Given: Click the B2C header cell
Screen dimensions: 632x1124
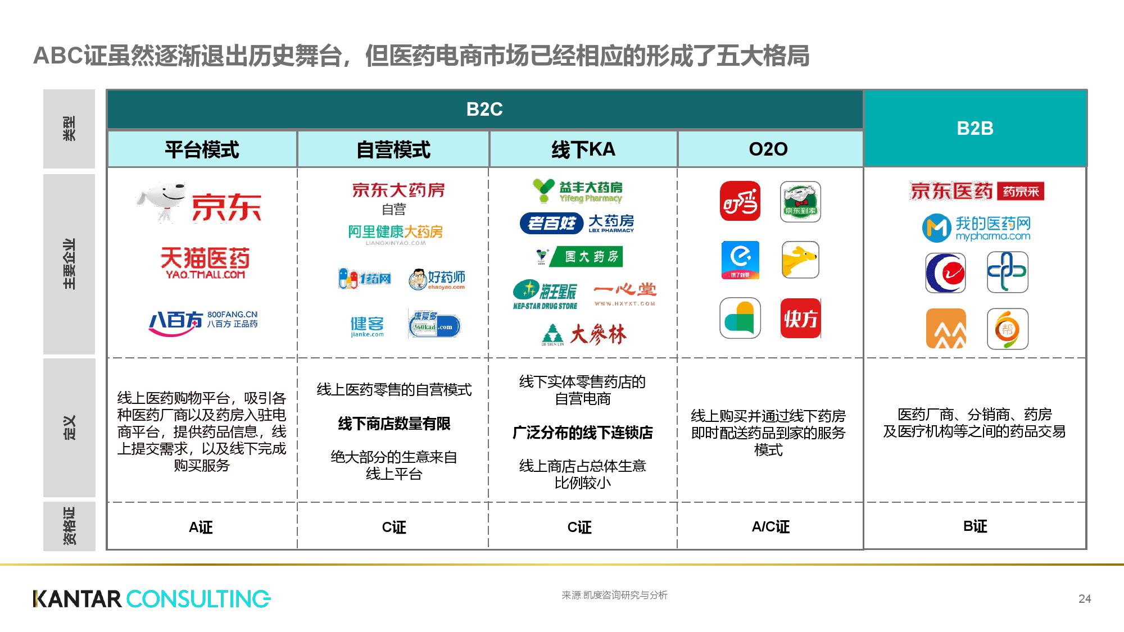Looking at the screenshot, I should point(484,109).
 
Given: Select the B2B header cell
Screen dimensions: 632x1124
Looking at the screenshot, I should point(975,128).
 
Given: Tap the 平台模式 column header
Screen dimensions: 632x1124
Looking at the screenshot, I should point(202,149).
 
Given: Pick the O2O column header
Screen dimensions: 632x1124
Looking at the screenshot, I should point(768,149).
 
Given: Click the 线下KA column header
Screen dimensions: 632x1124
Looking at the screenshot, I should point(583,149).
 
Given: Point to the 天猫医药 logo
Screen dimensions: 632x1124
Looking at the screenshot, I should point(205,262).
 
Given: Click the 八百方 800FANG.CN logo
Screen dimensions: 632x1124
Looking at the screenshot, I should point(203,323).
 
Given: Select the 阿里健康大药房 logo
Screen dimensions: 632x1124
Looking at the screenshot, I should point(395,233).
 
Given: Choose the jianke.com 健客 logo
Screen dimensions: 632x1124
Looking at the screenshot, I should point(367,326).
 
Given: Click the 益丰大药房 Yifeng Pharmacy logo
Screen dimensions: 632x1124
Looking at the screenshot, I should point(578,191).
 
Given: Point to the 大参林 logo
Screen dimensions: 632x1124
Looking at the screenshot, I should point(584,335).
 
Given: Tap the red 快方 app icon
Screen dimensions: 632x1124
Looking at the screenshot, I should point(800,319).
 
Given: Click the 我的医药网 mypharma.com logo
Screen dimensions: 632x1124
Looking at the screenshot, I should point(976,228).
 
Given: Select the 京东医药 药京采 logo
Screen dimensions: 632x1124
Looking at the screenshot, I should point(976,191).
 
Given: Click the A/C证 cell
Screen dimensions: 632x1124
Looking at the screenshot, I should point(770,526).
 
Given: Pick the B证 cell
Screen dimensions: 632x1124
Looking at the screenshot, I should point(975,526).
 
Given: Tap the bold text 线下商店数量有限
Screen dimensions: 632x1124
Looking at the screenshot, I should point(394,424).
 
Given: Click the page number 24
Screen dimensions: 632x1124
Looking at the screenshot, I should point(1085,599).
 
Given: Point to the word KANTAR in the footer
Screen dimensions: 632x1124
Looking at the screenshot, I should point(77,599).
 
